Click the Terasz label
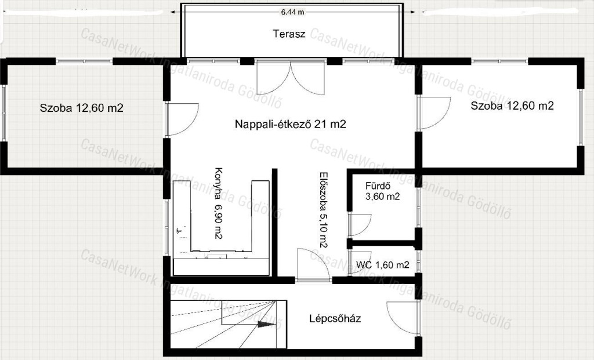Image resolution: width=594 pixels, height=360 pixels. [x=289, y=34]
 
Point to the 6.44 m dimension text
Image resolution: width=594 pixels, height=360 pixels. [x=292, y=12]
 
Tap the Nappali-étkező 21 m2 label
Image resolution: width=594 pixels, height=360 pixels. [x=291, y=124]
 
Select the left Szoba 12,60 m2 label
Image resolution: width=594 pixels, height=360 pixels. [x=81, y=108]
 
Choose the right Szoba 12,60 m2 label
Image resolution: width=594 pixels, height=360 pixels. [x=512, y=106]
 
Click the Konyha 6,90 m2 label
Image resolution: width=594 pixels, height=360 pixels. [x=218, y=203]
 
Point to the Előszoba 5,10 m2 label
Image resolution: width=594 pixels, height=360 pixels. [x=323, y=210]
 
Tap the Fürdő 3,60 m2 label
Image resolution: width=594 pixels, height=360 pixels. [x=383, y=191]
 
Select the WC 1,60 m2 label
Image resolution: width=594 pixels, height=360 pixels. [x=383, y=265]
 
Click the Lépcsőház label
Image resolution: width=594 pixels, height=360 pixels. [x=335, y=318]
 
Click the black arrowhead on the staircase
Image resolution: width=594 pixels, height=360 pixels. [x=267, y=324]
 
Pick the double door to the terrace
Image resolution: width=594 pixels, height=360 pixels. [x=291, y=78]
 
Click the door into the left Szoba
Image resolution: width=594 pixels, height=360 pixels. [x=182, y=119]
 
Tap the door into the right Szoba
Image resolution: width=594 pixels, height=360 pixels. [x=434, y=113]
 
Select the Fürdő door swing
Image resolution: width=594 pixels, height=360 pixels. [x=360, y=226]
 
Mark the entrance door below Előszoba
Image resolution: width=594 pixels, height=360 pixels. [x=313, y=265]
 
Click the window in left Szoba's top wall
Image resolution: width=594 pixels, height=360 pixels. [x=84, y=61]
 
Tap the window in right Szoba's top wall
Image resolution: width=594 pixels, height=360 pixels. [x=499, y=60]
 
